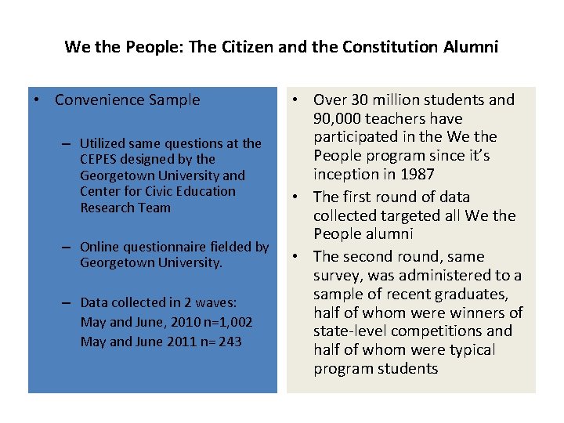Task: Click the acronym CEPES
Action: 99,160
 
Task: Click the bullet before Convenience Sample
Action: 36,100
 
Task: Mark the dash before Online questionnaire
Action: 67,248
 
